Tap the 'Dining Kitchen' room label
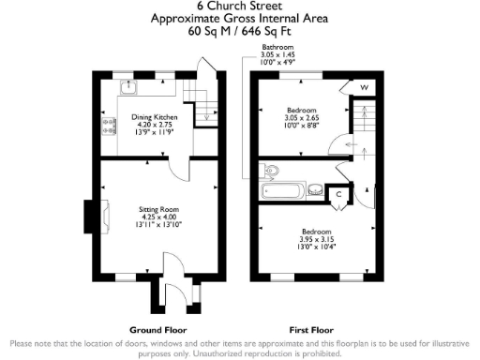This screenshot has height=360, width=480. point(147,117)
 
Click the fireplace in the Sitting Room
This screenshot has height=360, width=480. point(90,217)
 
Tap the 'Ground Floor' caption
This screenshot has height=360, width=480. point(157,330)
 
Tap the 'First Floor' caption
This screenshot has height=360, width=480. point(312,330)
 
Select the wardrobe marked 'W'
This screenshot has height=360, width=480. point(363,88)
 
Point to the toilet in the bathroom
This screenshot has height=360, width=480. point(272,170)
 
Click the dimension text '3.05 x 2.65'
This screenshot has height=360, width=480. point(300,118)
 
